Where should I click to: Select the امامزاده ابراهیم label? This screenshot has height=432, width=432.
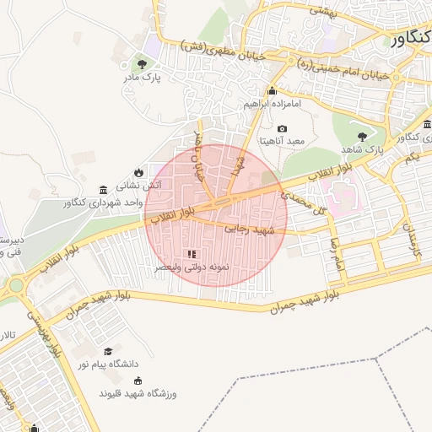272,104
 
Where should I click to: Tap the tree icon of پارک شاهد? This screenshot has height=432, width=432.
363,135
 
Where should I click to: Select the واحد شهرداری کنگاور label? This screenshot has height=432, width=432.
102,203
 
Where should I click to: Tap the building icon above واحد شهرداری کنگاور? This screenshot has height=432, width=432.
103,190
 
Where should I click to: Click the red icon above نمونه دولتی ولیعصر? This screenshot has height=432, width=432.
191,253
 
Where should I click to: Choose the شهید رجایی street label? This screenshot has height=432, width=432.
251,229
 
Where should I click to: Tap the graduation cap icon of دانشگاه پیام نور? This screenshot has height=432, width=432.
107,351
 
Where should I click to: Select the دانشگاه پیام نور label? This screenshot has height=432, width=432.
107,364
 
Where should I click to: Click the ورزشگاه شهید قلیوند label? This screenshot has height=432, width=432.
136,393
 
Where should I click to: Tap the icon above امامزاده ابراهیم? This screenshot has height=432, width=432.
272,91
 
